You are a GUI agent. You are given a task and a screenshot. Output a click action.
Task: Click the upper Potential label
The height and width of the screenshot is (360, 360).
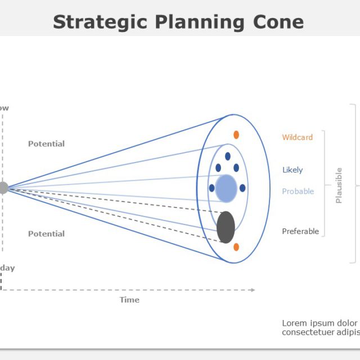pos(46,143)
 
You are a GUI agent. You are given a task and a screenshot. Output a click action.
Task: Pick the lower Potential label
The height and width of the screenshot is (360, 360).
pos(46,233)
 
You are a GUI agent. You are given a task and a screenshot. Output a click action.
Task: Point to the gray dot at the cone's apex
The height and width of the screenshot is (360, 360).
pos(3,188)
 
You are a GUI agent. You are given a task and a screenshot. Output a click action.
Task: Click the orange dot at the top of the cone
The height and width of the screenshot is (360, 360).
pos(236,135)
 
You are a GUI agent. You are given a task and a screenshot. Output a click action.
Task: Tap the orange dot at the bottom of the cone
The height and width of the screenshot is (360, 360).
pos(236,247)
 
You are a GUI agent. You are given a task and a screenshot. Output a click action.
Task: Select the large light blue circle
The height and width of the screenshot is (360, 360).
pos(226,188)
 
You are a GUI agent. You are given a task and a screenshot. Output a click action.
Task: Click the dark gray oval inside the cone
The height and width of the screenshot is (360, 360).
pos(226,227)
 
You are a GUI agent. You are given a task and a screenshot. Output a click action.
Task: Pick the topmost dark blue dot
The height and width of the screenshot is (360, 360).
pos(228,156)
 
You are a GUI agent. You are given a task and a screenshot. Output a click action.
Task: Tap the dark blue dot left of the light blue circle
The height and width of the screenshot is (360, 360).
pos(211,188)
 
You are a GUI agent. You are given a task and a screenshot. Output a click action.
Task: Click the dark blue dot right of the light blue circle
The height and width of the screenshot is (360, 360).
pos(242,188)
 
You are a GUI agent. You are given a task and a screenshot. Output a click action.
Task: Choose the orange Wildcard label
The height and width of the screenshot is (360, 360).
pos(297,137)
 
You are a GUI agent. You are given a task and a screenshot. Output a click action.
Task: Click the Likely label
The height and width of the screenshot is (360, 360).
pos(292,170)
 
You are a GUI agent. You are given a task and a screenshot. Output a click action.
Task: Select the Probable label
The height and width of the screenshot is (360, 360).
pos(298,191)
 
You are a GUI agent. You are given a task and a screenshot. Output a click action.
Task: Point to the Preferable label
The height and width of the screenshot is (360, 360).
pos(300,231)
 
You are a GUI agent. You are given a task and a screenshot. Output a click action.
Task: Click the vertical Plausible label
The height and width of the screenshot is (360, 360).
pos(339,185)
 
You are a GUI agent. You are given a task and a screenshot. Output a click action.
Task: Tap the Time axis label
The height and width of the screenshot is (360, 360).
pos(129,300)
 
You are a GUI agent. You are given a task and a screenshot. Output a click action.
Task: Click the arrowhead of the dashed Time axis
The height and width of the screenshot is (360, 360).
pos(253,290)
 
